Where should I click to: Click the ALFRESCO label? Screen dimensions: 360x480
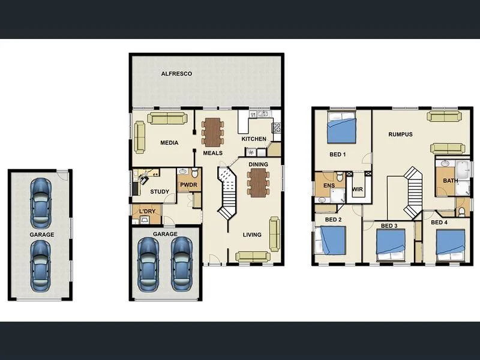(176, 74)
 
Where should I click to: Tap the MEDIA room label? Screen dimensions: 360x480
(169, 143)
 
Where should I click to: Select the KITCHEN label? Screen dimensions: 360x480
(253, 139)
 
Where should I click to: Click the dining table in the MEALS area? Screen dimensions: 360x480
(212, 131)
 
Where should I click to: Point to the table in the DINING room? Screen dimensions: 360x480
(258, 182)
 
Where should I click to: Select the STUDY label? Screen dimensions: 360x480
(160, 192)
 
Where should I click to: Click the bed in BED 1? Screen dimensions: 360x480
(342, 128)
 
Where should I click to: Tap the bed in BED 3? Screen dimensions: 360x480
(391, 244)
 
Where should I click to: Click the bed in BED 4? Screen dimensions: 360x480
(451, 244)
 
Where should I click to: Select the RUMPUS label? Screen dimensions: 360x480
(400, 134)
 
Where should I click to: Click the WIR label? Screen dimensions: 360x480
(358, 190)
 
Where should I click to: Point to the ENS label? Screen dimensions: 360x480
(328, 187)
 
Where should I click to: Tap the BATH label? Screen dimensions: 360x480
(450, 181)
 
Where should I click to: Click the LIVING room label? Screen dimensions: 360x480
(252, 235)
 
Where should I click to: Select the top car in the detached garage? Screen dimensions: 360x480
(40, 199)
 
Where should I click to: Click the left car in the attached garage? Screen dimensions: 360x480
(147, 262)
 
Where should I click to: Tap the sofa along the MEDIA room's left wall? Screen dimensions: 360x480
(140, 137)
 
